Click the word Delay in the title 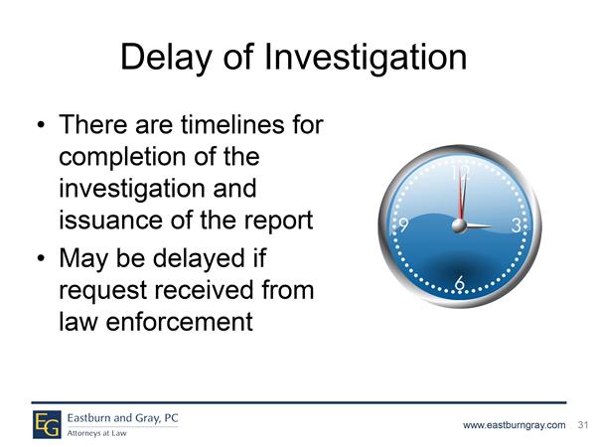tap(167, 58)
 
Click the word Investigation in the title tap(366, 58)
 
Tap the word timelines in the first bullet tap(232, 124)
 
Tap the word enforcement tap(179, 322)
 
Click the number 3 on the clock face tap(516, 225)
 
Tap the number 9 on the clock tap(403, 225)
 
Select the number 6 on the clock tap(460, 283)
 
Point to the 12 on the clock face tap(460, 173)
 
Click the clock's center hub tap(459, 226)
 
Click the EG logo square tap(47, 424)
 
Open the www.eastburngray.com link tap(514, 425)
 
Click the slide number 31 tap(583, 424)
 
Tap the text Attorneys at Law tap(96, 433)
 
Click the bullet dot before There tap(42, 125)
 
